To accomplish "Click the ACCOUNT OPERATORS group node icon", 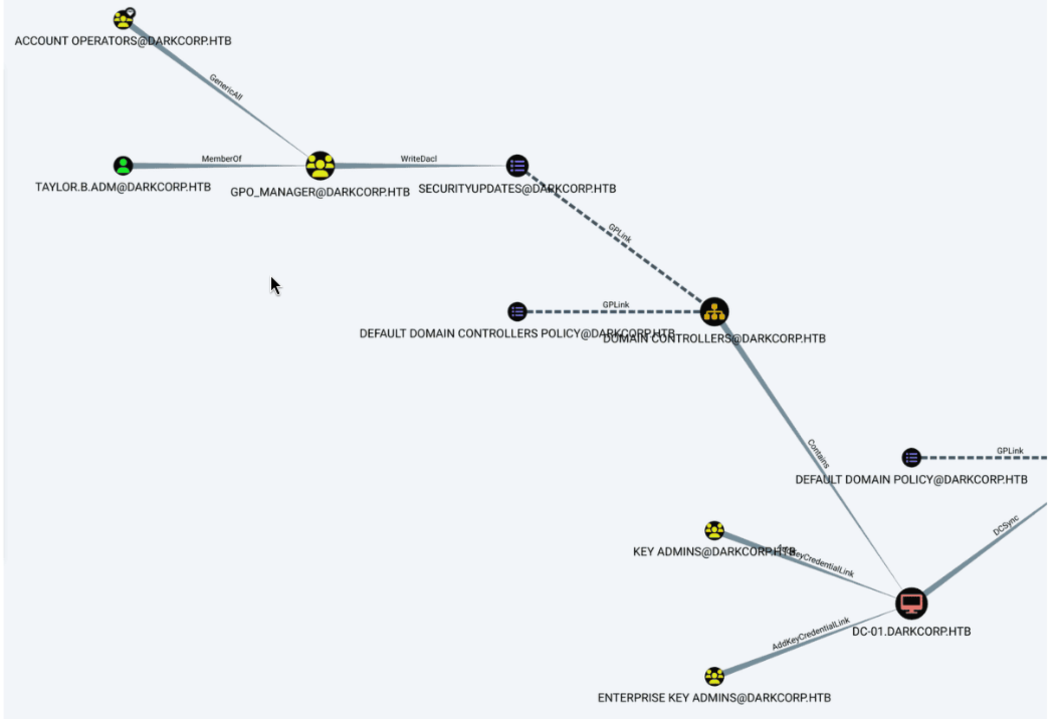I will [x=123, y=20].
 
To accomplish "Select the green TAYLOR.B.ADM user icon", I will [x=123, y=166].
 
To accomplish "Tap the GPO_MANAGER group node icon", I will [x=320, y=166].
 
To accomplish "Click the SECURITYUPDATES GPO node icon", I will [x=517, y=166].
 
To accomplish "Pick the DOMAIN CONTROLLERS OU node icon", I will [x=714, y=312].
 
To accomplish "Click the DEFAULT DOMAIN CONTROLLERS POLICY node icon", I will [x=517, y=312].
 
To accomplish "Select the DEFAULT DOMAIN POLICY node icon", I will [x=911, y=457].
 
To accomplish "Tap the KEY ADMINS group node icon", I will [x=714, y=530].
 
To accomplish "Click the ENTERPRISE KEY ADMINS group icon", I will [x=714, y=676].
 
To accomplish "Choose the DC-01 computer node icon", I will [x=911, y=604].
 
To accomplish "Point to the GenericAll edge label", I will [x=226, y=87].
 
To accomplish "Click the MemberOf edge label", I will [x=222, y=159].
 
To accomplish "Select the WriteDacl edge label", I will [x=418, y=159].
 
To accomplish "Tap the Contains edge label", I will [x=818, y=453].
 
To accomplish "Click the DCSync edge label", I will [x=1006, y=525].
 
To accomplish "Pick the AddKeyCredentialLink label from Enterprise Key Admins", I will [x=810, y=634].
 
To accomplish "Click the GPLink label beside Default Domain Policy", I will [x=1010, y=451].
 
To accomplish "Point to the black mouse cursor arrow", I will [x=275, y=286].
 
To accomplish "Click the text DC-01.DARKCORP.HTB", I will [x=911, y=631].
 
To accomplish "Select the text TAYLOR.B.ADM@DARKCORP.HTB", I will [x=123, y=187].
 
